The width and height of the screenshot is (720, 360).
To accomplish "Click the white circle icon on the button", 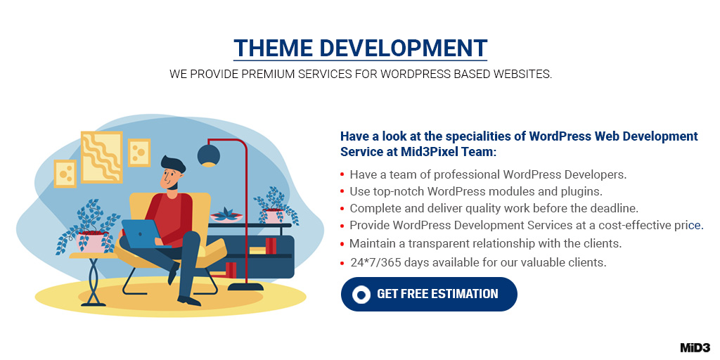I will click(x=361, y=294).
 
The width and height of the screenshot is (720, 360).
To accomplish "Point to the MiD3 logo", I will click(x=695, y=347).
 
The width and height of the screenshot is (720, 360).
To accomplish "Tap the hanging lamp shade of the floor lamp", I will click(x=209, y=156).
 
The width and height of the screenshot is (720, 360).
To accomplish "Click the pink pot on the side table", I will click(x=90, y=243).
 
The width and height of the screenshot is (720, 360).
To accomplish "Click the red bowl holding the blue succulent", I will click(x=227, y=218).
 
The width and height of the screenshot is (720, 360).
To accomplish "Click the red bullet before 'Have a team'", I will click(x=342, y=174).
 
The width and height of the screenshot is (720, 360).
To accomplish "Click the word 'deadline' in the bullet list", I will click(x=613, y=208).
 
